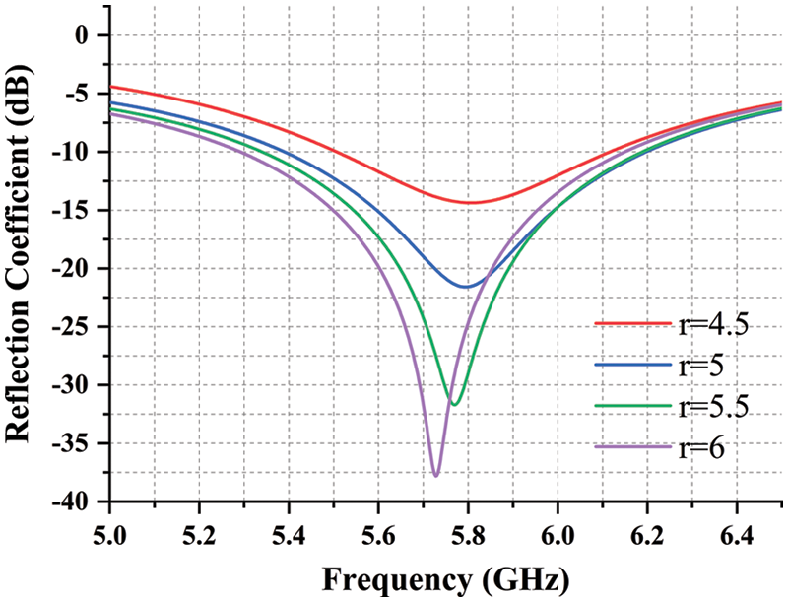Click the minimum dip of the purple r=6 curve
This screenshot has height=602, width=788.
[x=435, y=475]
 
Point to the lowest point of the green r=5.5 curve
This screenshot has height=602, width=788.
[x=453, y=404]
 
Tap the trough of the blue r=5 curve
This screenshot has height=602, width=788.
[x=466, y=287]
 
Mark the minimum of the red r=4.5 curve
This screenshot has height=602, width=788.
[x=470, y=203]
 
